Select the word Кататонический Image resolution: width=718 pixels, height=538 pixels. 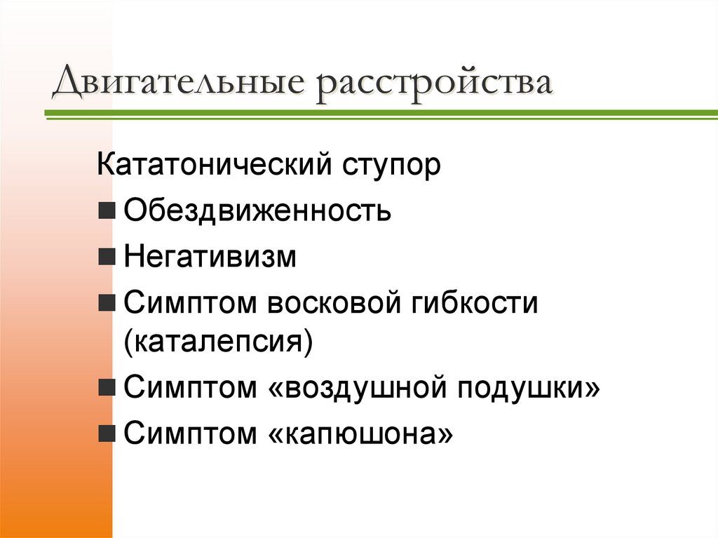pos(213,166)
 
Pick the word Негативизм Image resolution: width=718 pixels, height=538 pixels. pos(210,257)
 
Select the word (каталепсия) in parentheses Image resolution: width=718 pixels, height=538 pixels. pos(217,344)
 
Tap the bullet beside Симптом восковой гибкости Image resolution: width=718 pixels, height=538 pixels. pos(108,303)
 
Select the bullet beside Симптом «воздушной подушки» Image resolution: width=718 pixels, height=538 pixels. pos(108,389)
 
